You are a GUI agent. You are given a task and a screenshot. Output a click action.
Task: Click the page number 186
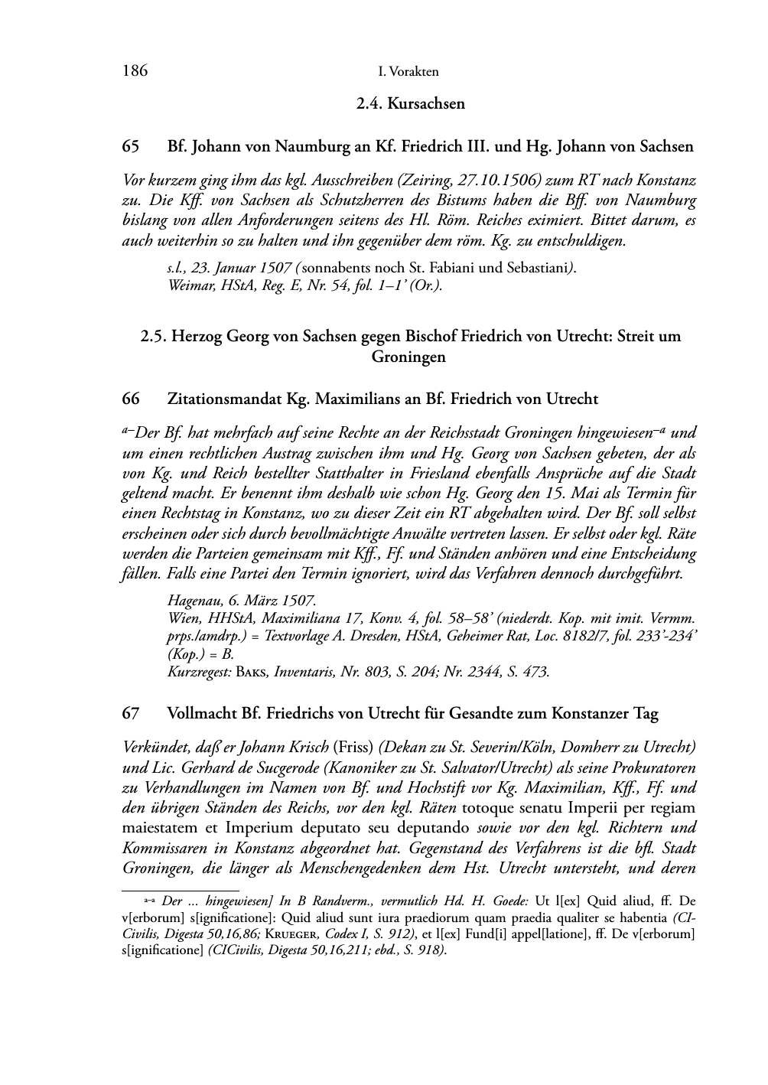coord(135,71)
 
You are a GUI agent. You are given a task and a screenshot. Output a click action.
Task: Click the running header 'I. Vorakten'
coord(408,72)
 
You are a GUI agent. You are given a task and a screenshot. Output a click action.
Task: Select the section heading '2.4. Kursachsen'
coord(411,103)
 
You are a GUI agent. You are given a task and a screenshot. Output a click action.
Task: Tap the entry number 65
coord(130,146)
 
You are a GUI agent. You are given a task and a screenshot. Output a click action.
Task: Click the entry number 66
coord(130,399)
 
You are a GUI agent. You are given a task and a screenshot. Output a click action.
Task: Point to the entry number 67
coord(130,713)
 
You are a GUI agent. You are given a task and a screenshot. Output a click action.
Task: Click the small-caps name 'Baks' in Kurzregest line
coord(252,673)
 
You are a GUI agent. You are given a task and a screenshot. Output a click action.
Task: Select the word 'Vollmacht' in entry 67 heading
coord(202,713)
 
